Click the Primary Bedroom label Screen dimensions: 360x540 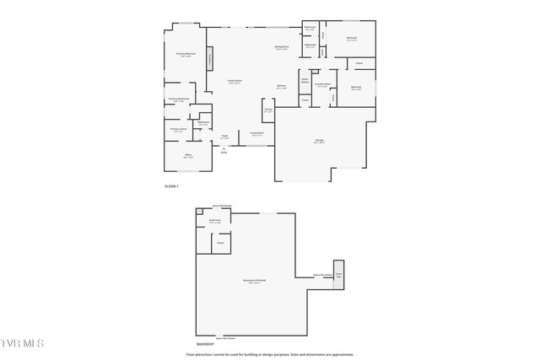pyautogui.click(x=186, y=55)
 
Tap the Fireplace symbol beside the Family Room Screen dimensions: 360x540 pyautogui.click(x=210, y=61)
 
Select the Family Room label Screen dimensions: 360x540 pyautogui.click(x=235, y=81)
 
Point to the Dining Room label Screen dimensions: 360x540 pyautogui.click(x=281, y=47)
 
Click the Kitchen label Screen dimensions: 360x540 pyautogui.click(x=282, y=86)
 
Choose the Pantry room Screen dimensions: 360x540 pyautogui.click(x=268, y=110)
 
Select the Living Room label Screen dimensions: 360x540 pyautogui.click(x=256, y=133)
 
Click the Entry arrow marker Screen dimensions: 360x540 pyautogui.click(x=224, y=150)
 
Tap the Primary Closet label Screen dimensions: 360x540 pyautogui.click(x=177, y=129)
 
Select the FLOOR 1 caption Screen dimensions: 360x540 pyautogui.click(x=171, y=185)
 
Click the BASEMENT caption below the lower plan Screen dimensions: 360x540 pyautogui.click(x=205, y=344)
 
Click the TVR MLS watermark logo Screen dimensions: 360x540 pyautogui.click(x=21, y=343)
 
